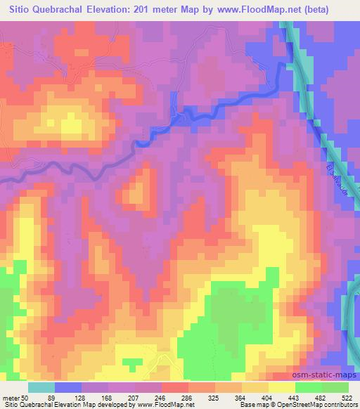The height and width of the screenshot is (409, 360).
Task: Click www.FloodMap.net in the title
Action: pos(272,8)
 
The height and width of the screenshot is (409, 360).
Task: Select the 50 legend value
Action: pos(25,398)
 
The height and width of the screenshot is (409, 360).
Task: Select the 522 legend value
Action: pos(347,398)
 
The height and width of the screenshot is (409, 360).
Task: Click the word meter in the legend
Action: pos(10,398)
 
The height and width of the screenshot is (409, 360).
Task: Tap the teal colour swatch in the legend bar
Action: pos(41,387)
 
